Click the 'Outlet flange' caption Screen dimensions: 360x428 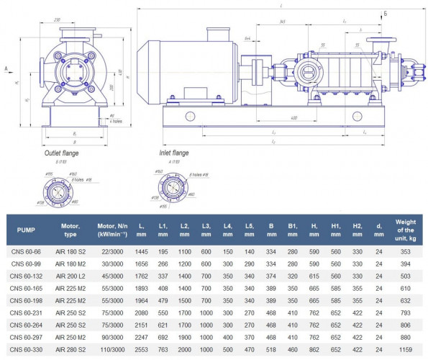(63, 153)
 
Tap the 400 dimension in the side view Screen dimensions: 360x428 (294, 117)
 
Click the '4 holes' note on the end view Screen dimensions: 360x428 (116, 120)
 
